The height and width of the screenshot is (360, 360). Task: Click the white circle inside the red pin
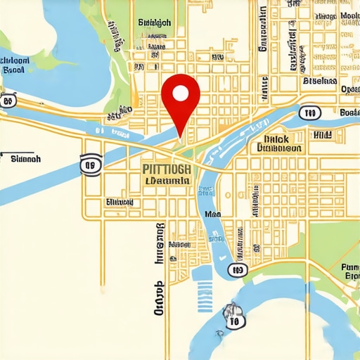[x=181, y=93]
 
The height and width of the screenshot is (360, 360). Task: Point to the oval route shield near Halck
[x=307, y=112]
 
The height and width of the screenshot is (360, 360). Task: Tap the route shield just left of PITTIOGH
[x=90, y=165]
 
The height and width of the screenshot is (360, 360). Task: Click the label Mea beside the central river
[x=212, y=214]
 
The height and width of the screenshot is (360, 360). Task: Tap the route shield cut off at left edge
[x=7, y=101]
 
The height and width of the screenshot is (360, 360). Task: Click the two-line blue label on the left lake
[x=14, y=65]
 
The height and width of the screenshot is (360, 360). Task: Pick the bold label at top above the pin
[x=155, y=22]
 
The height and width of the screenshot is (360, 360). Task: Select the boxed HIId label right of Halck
[x=323, y=134]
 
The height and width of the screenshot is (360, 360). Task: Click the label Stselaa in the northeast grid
[x=319, y=82]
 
